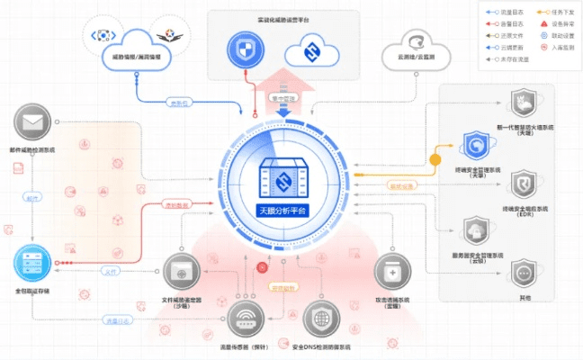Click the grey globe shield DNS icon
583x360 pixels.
click(x=320, y=317)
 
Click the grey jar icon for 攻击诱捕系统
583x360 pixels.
click(x=392, y=271)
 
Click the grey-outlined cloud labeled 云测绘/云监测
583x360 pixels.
click(x=417, y=45)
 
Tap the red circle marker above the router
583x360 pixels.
click(x=263, y=266)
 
